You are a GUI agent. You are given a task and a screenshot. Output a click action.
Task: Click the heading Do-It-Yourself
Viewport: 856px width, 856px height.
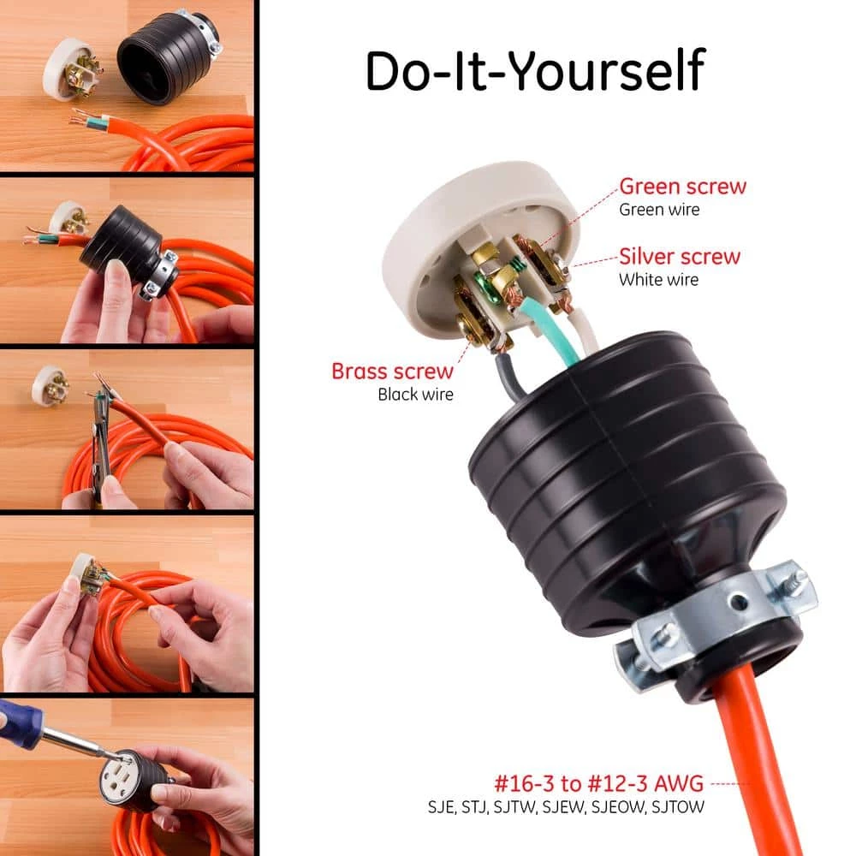point(535,70)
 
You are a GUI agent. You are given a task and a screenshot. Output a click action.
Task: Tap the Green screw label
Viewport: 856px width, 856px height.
point(682,186)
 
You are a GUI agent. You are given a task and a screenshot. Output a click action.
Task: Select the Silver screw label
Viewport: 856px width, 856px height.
point(680,256)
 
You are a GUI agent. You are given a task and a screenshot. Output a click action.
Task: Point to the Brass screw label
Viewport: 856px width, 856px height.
point(393,372)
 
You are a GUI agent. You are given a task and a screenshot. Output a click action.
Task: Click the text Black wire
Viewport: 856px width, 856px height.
point(415,394)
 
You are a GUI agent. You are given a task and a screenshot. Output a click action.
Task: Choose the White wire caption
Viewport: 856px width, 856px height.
point(658,280)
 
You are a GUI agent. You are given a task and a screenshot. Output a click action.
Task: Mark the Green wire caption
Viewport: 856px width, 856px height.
point(659,210)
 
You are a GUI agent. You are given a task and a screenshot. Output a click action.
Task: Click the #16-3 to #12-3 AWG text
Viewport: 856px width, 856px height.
point(599,783)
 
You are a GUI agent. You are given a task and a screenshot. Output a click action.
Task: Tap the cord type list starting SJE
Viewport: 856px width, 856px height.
point(566,807)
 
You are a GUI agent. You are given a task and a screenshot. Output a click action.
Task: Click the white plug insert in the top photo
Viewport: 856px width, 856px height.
point(71,68)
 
